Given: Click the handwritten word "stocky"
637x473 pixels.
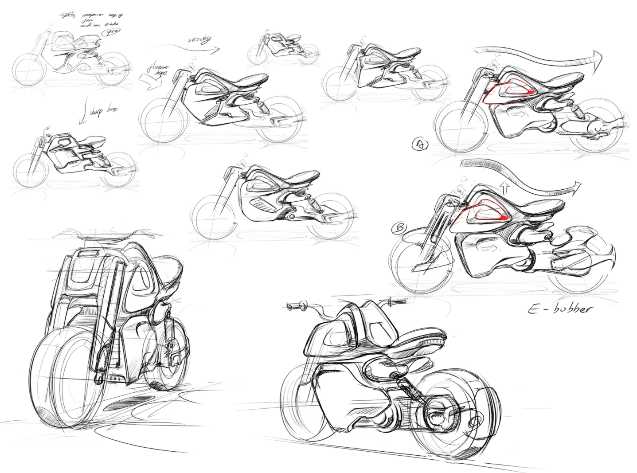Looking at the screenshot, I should pos(195,41).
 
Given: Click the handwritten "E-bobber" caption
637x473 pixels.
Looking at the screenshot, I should pos(559,309).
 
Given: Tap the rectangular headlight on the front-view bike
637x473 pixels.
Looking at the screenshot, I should pos(89,254).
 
